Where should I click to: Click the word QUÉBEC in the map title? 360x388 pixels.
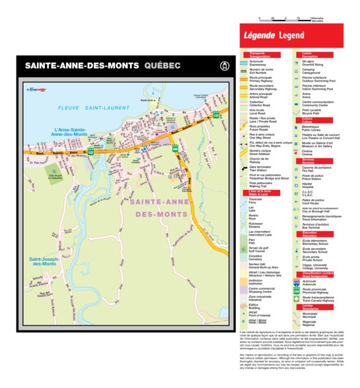[x=162, y=66]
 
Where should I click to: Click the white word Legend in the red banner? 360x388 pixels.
[x=291, y=34]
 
